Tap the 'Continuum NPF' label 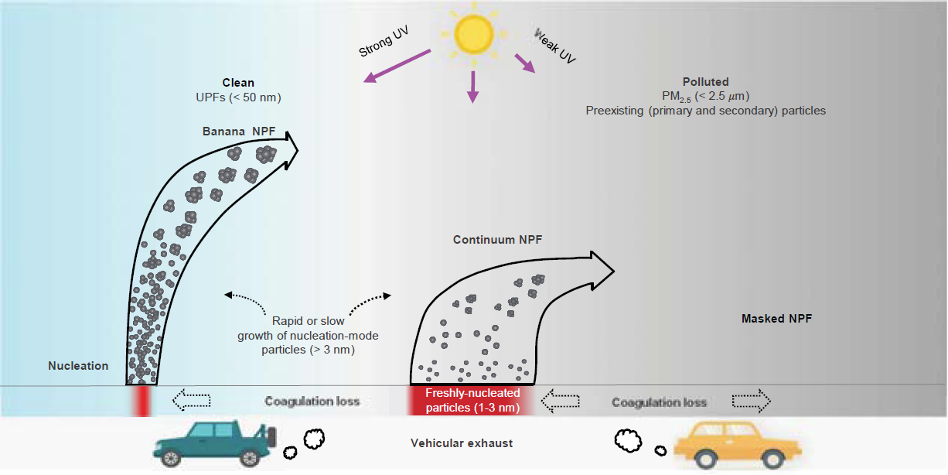pyautogui.click(x=497, y=240)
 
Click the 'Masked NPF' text pyautogui.click(x=776, y=318)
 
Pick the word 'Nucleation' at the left pyautogui.click(x=78, y=366)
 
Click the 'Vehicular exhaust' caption pyautogui.click(x=462, y=443)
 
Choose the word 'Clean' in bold pyautogui.click(x=238, y=83)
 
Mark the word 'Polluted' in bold pyautogui.click(x=705, y=82)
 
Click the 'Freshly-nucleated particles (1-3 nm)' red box pyautogui.click(x=471, y=402)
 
